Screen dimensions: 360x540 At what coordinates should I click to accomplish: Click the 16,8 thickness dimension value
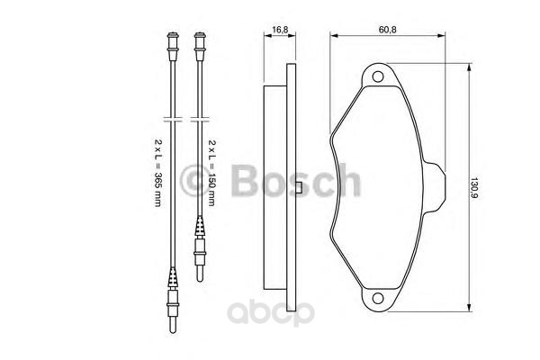pyautogui.click(x=281, y=30)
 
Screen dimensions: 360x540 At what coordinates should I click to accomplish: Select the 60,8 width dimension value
pyautogui.click(x=388, y=30)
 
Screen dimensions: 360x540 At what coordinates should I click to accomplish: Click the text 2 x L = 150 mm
pyautogui.click(x=212, y=176)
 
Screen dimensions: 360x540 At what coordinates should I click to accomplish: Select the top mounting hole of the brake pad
pyautogui.click(x=378, y=78)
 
